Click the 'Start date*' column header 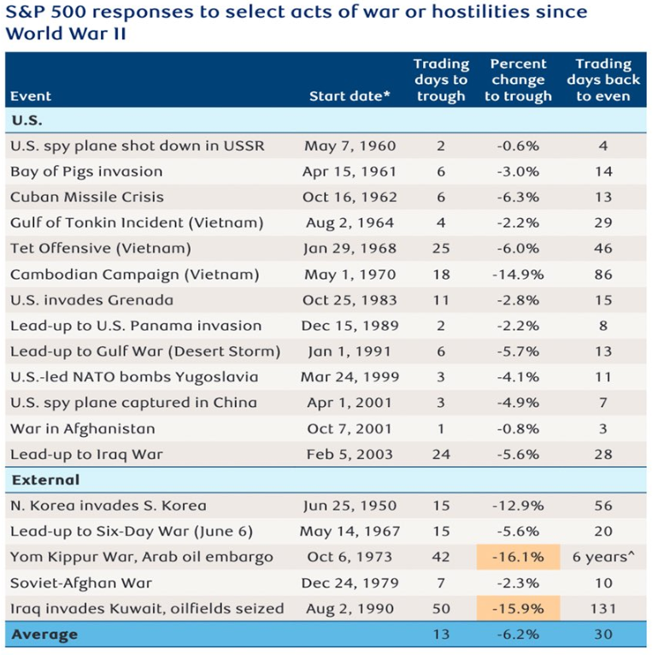[349, 97]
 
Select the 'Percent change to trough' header [518, 80]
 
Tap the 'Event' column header [31, 97]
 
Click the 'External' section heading [45, 480]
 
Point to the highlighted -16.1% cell [518, 558]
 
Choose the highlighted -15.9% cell [518, 609]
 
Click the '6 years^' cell [603, 558]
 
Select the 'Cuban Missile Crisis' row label [87, 197]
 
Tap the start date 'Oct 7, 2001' [349, 428]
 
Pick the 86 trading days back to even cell [603, 274]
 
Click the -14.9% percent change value [518, 274]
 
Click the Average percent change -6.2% [518, 634]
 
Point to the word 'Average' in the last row [44, 634]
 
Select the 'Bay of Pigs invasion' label [86, 171]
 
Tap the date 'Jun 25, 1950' [349, 505]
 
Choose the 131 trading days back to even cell [603, 609]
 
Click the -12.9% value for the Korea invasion [518, 505]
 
